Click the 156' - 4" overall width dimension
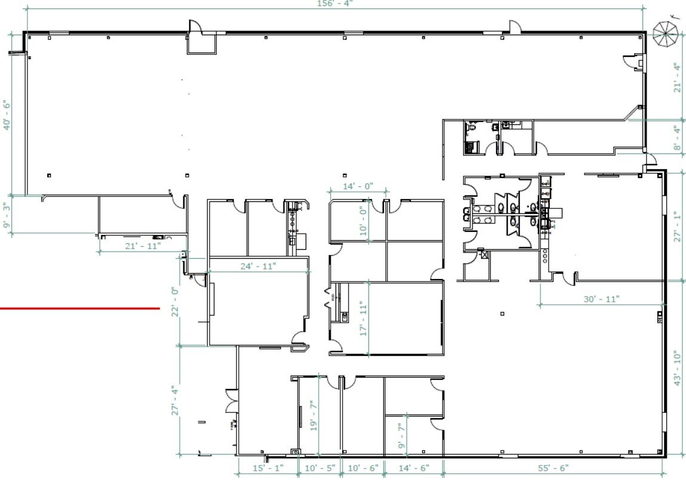(333, 4)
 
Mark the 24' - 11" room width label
(257, 266)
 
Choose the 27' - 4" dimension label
(175, 400)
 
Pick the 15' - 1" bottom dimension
(267, 468)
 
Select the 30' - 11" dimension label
(601, 298)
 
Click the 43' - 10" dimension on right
(677, 367)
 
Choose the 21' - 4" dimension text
(677, 78)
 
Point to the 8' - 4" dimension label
(677, 137)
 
